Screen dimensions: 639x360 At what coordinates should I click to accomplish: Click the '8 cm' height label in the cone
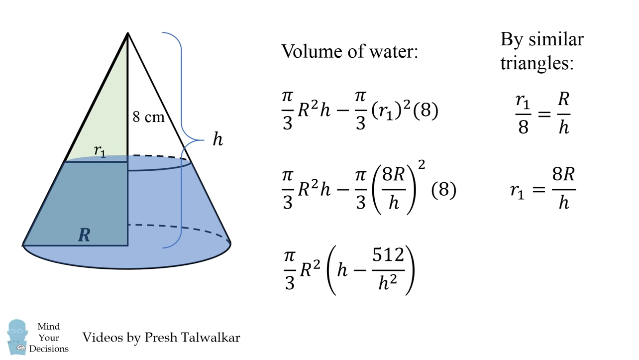coord(148,117)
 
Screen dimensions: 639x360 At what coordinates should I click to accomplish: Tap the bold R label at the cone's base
coord(84,235)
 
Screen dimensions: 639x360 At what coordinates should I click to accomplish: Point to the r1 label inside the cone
coord(100,151)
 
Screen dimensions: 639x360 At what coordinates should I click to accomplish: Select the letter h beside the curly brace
coord(217,139)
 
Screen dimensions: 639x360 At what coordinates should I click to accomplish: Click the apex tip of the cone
coord(128,33)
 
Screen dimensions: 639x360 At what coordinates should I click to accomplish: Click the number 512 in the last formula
coord(388,255)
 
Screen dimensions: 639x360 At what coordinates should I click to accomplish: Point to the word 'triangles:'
coord(537,63)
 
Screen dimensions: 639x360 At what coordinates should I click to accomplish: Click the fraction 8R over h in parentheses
coord(394,189)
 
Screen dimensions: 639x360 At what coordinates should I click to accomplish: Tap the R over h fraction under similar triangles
coord(563,113)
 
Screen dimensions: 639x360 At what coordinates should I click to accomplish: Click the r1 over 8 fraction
coord(523,113)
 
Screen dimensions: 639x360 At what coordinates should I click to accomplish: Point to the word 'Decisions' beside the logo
coord(49,349)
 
